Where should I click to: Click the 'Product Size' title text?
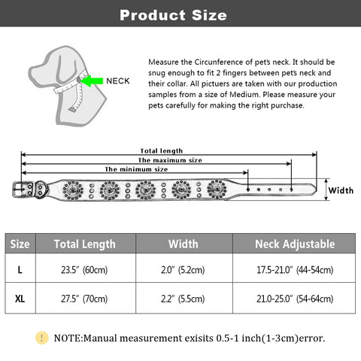(173, 15)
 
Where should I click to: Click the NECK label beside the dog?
(118, 81)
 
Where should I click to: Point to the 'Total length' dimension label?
(161, 150)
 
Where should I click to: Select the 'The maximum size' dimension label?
(170, 160)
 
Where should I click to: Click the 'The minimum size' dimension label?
(136, 169)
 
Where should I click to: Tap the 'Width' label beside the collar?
(341, 190)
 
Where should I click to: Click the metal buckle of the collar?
(23, 189)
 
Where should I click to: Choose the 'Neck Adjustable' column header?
(295, 244)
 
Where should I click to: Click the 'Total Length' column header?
(85, 244)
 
